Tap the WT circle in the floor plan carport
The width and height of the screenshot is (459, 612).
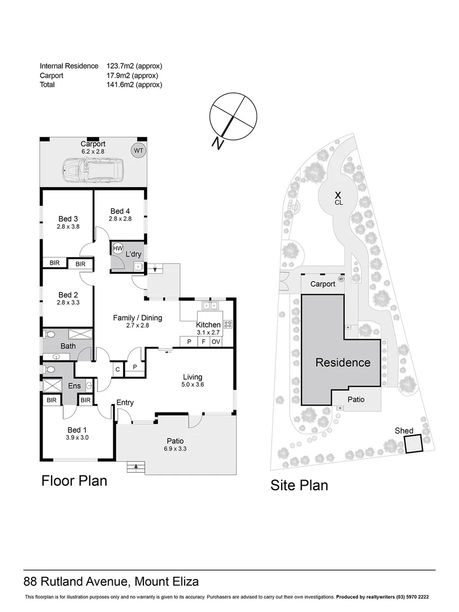click(x=138, y=151)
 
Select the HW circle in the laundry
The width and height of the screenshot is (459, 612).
click(x=118, y=248)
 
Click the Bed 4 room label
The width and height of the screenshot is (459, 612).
click(x=120, y=211)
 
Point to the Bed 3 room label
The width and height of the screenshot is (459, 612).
click(x=68, y=219)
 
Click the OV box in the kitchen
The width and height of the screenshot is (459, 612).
click(x=216, y=342)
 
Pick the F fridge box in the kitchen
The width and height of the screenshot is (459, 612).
click(x=202, y=342)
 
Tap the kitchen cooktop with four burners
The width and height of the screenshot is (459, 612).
click(x=229, y=325)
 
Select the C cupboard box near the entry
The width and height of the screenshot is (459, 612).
click(x=117, y=369)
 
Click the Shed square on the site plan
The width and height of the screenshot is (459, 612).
click(x=414, y=444)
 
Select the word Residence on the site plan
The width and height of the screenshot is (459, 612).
click(x=343, y=363)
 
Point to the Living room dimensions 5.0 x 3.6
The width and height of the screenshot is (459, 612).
click(x=192, y=385)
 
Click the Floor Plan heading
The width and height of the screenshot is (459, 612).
click(x=74, y=481)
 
